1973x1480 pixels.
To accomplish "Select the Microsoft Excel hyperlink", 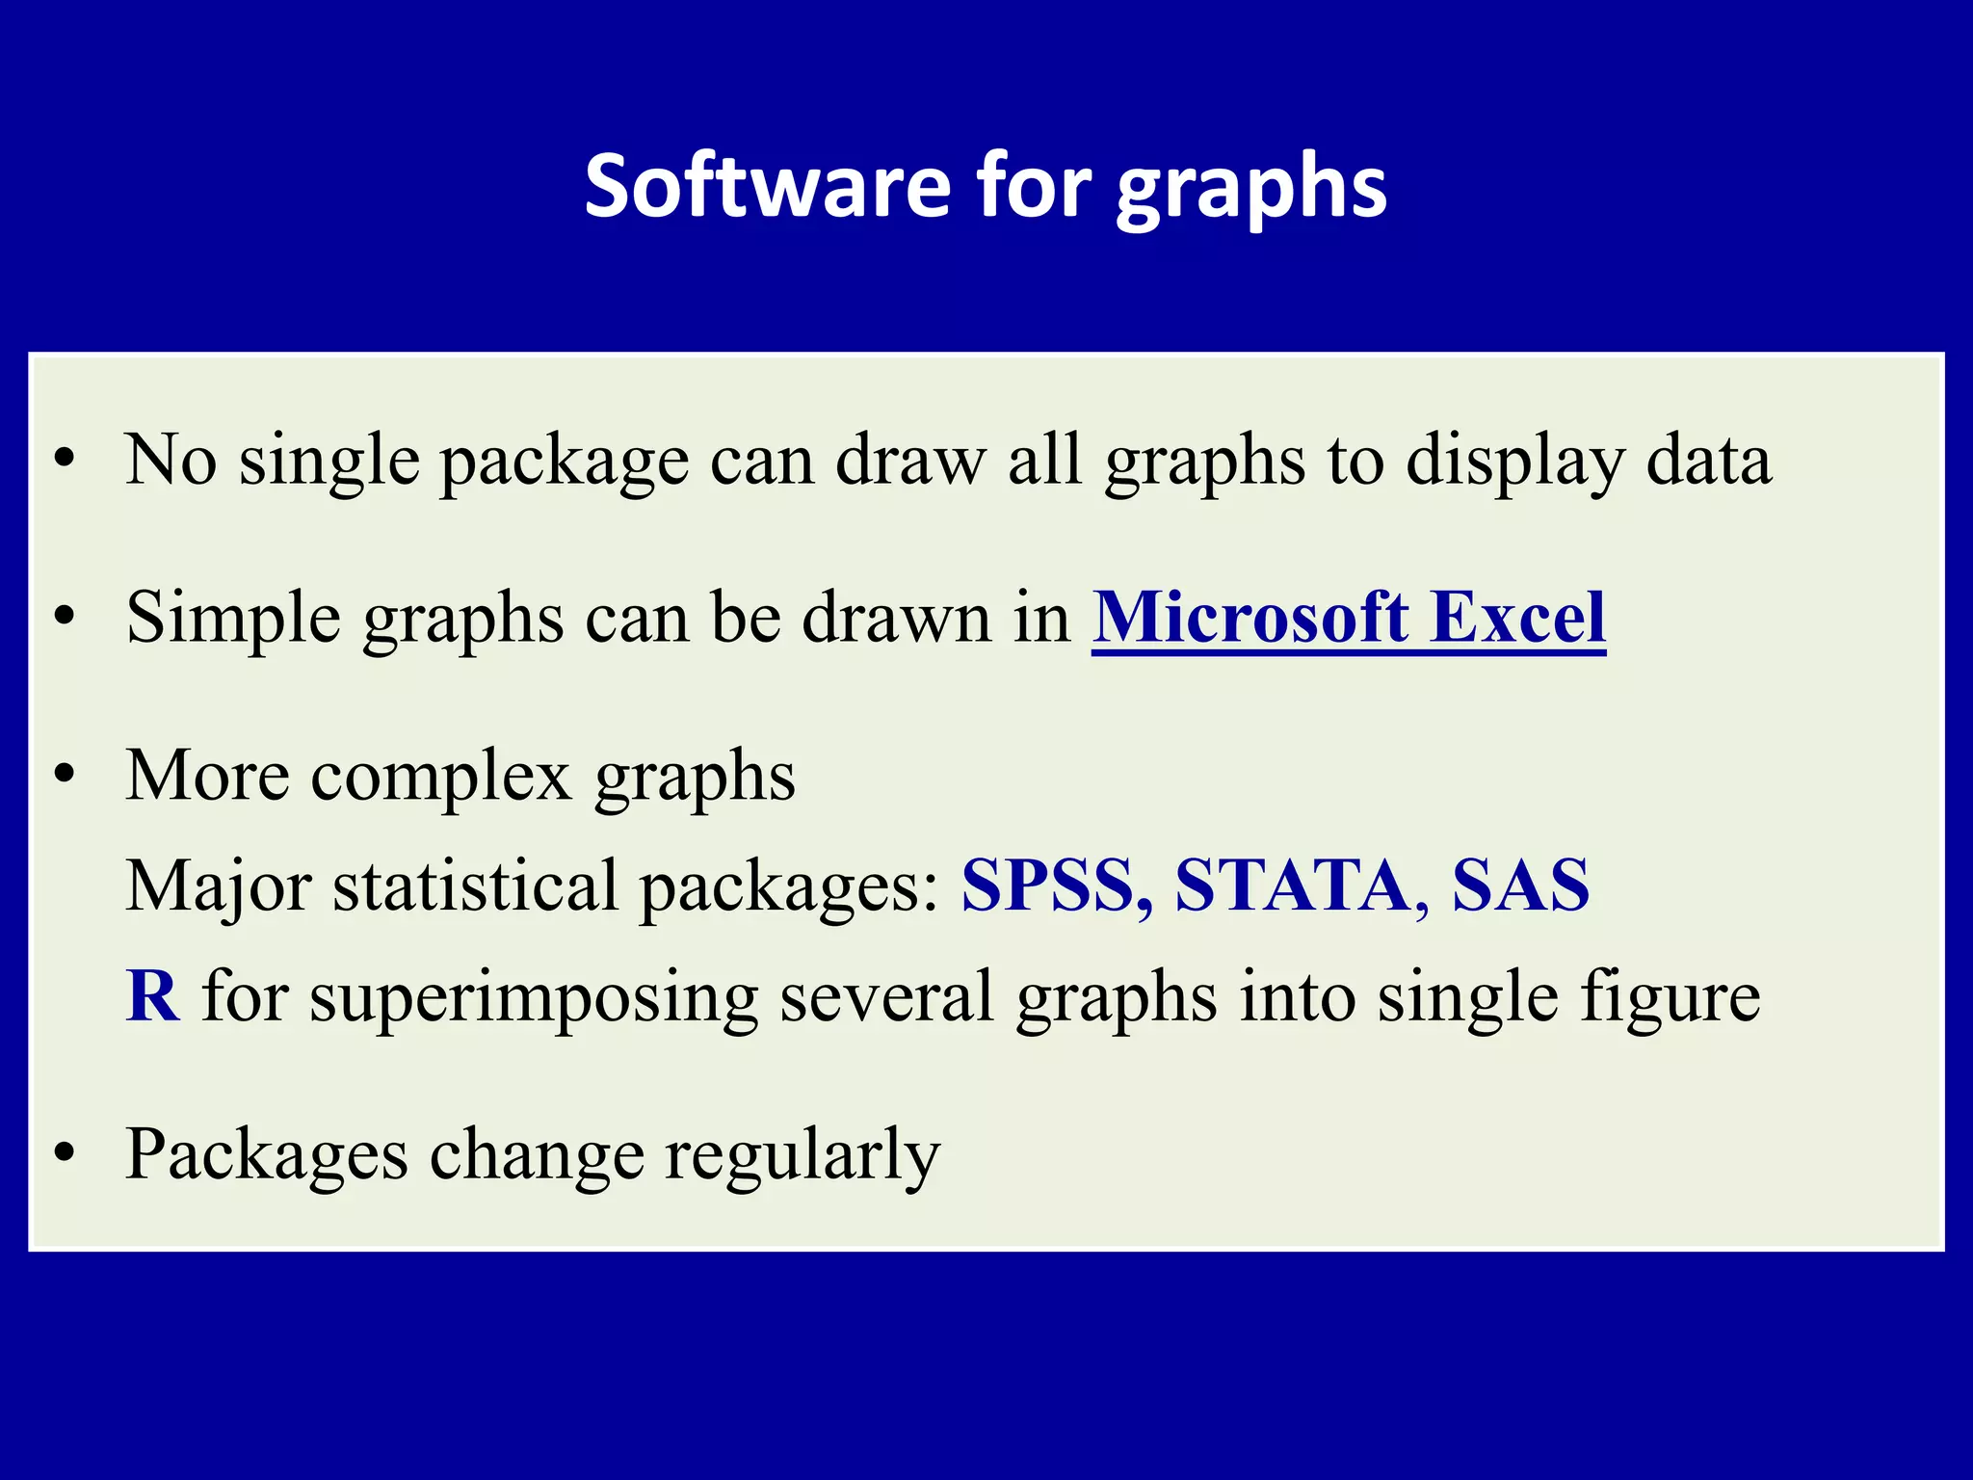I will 1348,618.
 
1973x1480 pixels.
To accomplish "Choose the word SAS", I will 1520,885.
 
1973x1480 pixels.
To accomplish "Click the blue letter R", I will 152,996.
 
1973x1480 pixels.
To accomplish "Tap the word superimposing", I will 534,998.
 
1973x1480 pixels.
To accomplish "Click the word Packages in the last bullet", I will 267,1155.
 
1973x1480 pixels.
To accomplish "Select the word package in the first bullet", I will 565,462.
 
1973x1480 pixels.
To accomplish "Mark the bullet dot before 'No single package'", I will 65,460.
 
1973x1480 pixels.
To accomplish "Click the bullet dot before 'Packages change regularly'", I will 65,1153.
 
